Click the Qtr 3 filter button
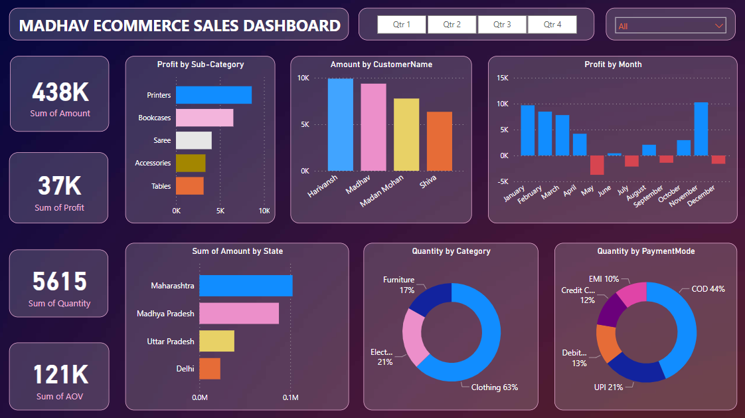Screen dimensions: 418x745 (x=502, y=25)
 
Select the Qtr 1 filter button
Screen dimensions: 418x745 (x=402, y=25)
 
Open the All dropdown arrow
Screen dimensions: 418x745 (x=718, y=26)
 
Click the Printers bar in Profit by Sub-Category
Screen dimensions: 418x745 (x=213, y=95)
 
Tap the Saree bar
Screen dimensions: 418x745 (x=193, y=140)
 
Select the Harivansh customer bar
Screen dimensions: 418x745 (x=340, y=124)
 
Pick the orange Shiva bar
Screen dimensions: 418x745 (x=439, y=141)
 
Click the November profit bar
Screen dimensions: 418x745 (x=701, y=129)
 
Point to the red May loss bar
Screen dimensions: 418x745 (x=597, y=165)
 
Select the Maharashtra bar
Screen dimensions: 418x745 (x=246, y=286)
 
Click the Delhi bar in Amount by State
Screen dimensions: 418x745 (x=210, y=369)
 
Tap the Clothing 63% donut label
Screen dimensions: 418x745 (x=494, y=387)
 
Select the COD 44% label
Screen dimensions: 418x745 (x=708, y=289)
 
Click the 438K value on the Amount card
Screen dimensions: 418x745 (x=60, y=92)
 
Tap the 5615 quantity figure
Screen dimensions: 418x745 (x=60, y=282)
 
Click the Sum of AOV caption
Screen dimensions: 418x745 (x=60, y=397)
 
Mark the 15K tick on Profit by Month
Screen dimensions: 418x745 (x=502, y=78)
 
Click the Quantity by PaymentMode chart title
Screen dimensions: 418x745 (x=645, y=251)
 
